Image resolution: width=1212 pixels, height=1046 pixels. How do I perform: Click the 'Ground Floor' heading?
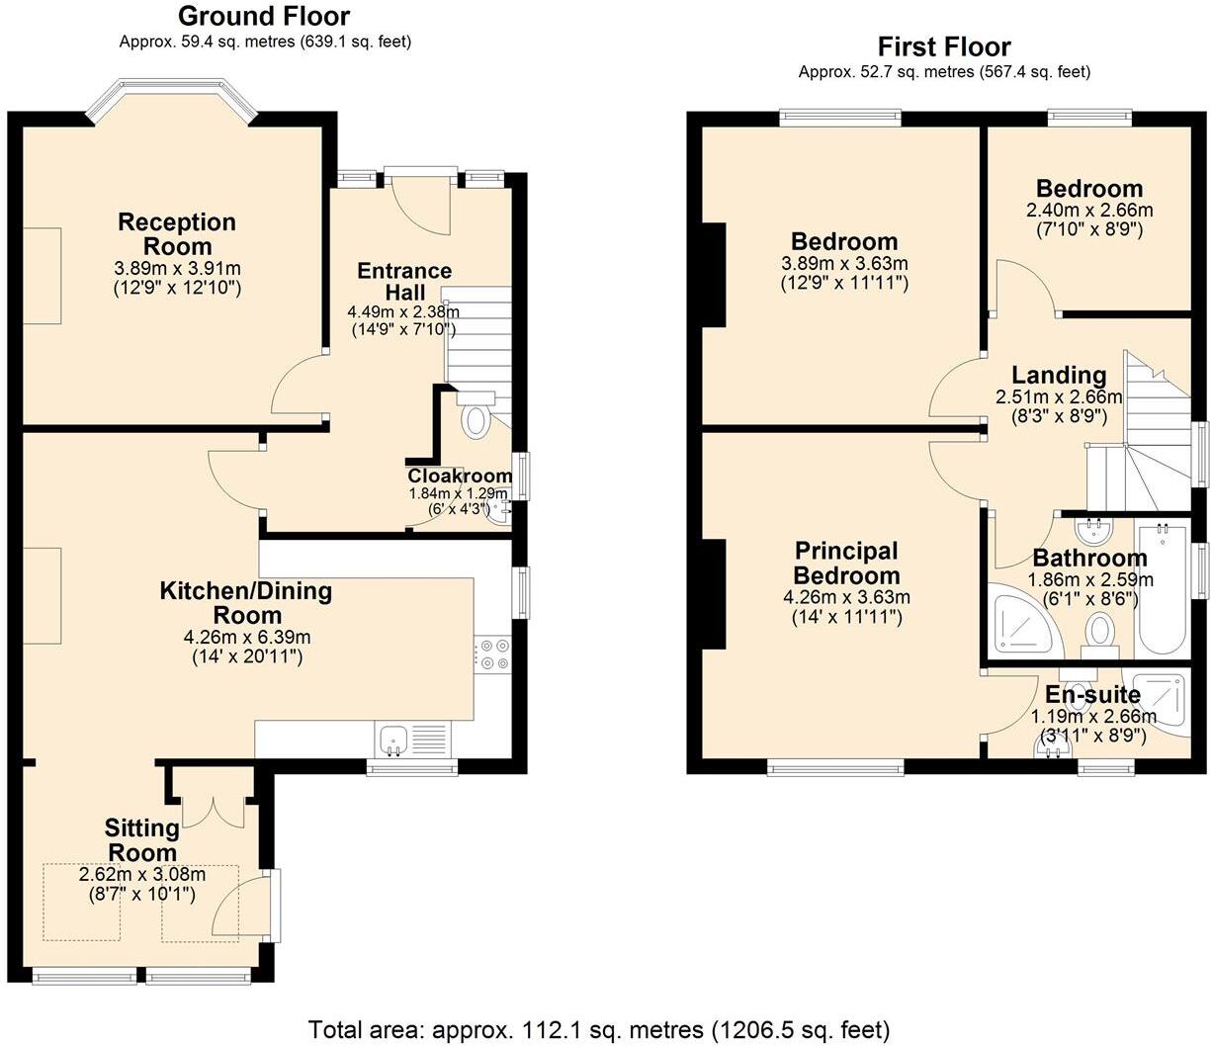point(263,16)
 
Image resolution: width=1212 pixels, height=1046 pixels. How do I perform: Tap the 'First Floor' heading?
point(944,46)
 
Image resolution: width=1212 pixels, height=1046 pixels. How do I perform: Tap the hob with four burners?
point(492,655)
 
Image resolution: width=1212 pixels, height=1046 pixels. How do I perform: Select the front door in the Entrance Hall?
point(420,203)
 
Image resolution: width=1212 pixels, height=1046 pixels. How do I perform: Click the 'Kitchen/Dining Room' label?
point(246,603)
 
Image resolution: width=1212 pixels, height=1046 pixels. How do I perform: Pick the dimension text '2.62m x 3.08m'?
point(141,874)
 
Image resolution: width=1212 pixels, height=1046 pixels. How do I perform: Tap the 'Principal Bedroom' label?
point(847,564)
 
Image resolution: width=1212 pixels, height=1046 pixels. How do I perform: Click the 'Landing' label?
point(1059,375)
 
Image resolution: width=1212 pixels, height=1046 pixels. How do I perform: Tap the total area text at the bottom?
point(599,1029)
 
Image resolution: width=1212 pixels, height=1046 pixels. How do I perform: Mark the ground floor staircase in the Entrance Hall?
point(477,336)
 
